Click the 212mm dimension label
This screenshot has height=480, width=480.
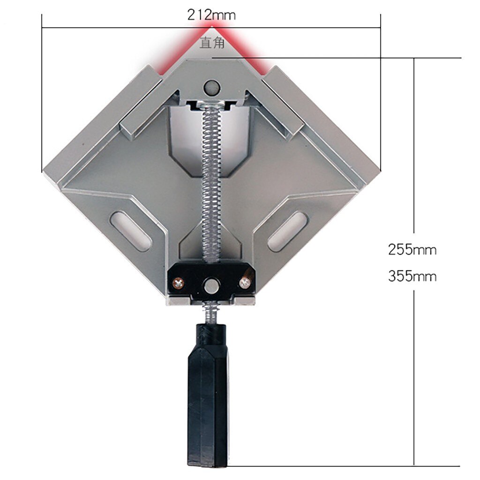pyautogui.click(x=211, y=15)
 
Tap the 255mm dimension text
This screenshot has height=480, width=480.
pyautogui.click(x=412, y=250)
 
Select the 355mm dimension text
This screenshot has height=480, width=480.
pyautogui.click(x=412, y=276)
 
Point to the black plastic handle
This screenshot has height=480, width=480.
pyautogui.click(x=209, y=398)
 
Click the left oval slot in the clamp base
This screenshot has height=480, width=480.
pyautogui.click(x=132, y=230)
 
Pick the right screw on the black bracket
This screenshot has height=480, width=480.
pyautogui.click(x=244, y=282)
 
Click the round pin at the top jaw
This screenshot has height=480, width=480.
pyautogui.click(x=212, y=87)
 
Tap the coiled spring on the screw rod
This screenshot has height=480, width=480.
pyautogui.click(x=211, y=178)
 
